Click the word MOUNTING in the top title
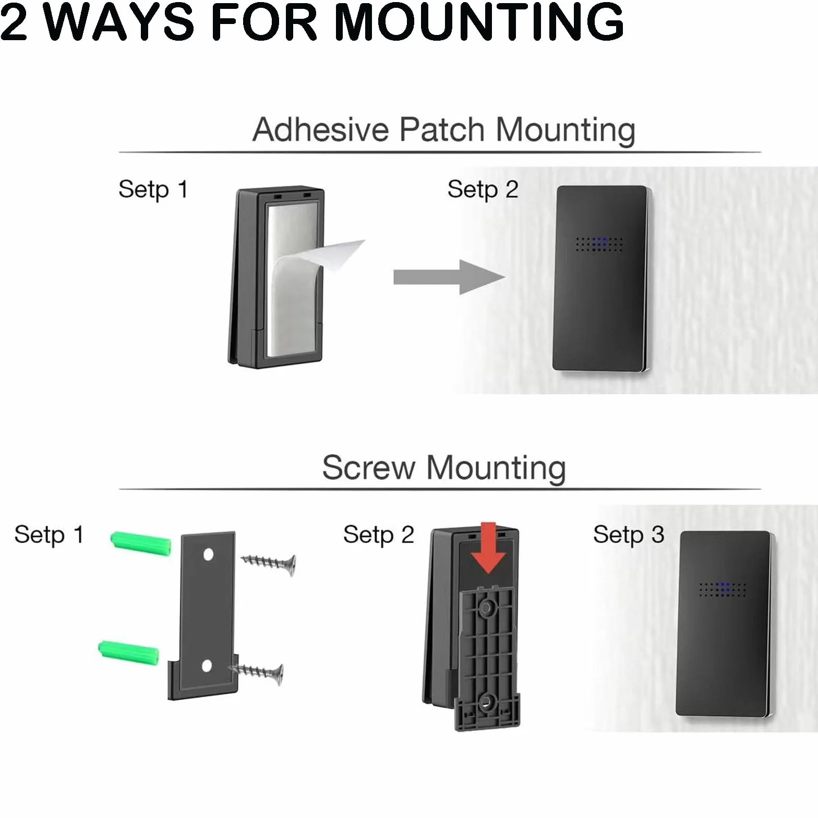(479, 22)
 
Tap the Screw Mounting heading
(444, 467)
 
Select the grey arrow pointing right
(449, 277)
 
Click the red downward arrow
(488, 548)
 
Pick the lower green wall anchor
(128, 653)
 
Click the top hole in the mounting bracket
(208, 554)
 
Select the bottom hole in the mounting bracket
(207, 666)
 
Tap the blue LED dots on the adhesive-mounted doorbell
(599, 244)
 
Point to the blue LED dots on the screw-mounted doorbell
(723, 589)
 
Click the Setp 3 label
(629, 535)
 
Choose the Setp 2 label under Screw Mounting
(379, 535)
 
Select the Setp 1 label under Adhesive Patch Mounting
(153, 190)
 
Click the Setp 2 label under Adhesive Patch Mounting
(483, 190)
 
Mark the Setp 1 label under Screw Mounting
(49, 535)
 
